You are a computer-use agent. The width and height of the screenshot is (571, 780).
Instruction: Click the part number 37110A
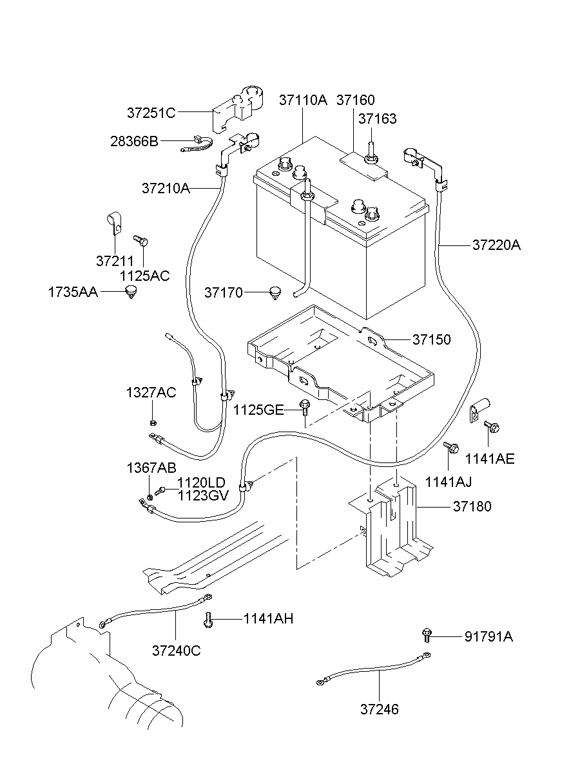[x=303, y=100]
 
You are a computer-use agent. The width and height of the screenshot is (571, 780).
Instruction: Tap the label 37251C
[x=151, y=113]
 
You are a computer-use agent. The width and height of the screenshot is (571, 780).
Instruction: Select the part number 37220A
[x=496, y=245]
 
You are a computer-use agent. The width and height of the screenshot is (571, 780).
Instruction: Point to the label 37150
[x=432, y=339]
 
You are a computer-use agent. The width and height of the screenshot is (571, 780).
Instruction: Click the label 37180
[x=472, y=507]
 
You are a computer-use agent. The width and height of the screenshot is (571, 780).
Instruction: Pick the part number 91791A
[x=489, y=636]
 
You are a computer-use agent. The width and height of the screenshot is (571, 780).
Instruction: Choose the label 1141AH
[x=268, y=619]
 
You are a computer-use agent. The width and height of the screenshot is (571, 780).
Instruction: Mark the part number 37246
[x=380, y=710]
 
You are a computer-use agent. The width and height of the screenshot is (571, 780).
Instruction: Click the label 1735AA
[x=73, y=292]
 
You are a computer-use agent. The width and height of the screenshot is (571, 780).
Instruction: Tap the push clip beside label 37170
[x=276, y=293]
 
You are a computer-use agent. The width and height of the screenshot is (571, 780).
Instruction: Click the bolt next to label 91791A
[x=426, y=634]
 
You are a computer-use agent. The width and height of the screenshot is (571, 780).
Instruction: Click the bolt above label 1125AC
[x=142, y=241]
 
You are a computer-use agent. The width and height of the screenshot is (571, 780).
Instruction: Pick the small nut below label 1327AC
[x=153, y=423]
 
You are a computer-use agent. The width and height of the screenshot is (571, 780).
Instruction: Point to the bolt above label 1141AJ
[x=451, y=446]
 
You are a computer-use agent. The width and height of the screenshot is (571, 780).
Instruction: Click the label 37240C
[x=177, y=651]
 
